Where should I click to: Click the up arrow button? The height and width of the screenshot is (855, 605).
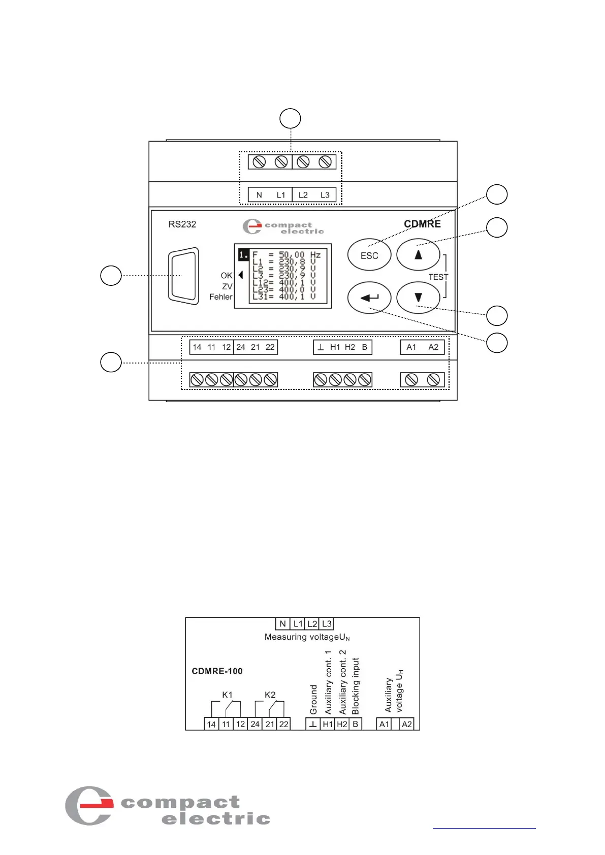418,255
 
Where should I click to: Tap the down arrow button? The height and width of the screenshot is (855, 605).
418,298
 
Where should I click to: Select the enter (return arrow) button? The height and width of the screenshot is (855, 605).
369,298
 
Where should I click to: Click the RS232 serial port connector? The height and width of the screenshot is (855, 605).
183,276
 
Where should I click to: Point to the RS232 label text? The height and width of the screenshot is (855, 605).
182,224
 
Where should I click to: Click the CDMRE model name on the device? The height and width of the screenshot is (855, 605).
422,224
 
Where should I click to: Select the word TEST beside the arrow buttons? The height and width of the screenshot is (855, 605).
438,277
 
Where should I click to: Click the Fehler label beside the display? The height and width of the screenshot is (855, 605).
220,297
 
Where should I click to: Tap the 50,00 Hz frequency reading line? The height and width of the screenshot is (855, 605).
286,255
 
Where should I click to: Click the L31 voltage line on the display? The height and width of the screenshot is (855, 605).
284,297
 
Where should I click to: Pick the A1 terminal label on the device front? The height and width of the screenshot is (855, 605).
411,347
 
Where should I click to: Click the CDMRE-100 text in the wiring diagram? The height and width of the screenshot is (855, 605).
217,671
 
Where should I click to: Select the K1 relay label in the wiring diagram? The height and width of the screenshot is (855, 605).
227,695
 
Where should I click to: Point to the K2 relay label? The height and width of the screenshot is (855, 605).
270,695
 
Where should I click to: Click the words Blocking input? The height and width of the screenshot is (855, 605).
356,686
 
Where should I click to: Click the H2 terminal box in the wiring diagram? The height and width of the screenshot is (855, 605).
342,724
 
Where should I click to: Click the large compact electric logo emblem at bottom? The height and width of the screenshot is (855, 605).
89,805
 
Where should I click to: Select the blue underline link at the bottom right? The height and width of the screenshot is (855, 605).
484,828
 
